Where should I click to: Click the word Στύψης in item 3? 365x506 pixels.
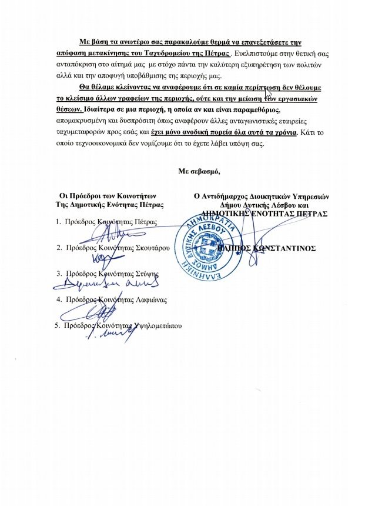coord(148,274)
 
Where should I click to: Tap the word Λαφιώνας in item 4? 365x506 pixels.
coord(150,299)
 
